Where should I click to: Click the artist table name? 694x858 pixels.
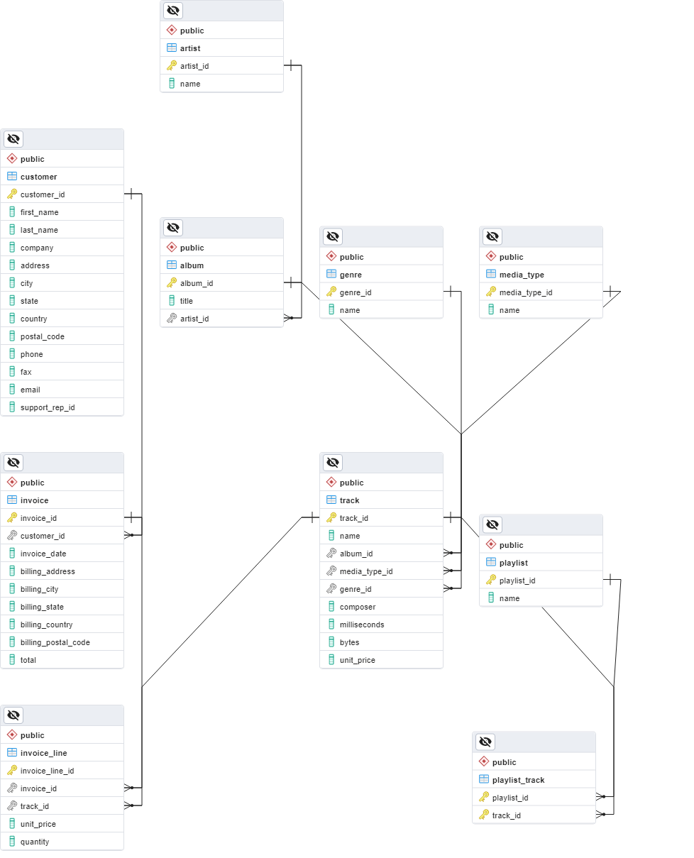pyautogui.click(x=190, y=48)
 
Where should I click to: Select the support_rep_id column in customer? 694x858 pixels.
pyautogui.click(x=47, y=407)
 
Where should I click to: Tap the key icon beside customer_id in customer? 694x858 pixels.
pyautogui.click(x=12, y=194)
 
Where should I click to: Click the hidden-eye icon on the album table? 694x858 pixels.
pyautogui.click(x=173, y=228)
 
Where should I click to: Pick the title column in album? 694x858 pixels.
pyautogui.click(x=187, y=301)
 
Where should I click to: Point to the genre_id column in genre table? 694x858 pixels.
pyautogui.click(x=355, y=292)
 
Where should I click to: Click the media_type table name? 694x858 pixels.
pyautogui.click(x=522, y=275)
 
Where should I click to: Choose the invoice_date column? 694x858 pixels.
pyautogui.click(x=43, y=554)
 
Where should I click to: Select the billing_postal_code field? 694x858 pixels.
pyautogui.click(x=55, y=642)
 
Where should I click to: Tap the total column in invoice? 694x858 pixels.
pyautogui.click(x=28, y=660)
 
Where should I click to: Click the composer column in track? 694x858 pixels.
pyautogui.click(x=358, y=607)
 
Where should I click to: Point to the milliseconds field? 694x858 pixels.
pyautogui.click(x=362, y=625)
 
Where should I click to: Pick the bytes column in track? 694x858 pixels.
pyautogui.click(x=349, y=642)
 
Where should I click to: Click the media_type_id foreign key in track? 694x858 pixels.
pyautogui.click(x=365, y=571)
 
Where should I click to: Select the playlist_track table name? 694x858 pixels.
pyautogui.click(x=518, y=780)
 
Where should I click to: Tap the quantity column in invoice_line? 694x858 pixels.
pyautogui.click(x=35, y=842)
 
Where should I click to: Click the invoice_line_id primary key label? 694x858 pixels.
pyautogui.click(x=47, y=771)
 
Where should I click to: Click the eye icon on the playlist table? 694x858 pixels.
pyautogui.click(x=492, y=524)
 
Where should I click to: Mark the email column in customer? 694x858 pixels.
pyautogui.click(x=30, y=390)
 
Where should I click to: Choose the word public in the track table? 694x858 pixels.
pyautogui.click(x=351, y=483)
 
